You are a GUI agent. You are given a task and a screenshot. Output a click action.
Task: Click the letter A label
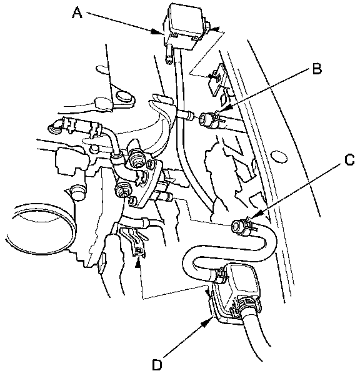[x=77, y=12]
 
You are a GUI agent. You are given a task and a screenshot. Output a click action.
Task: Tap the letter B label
[x=316, y=68]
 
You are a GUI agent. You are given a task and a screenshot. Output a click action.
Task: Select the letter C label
[x=349, y=159]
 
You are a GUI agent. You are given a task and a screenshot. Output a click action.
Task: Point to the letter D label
[x=157, y=365]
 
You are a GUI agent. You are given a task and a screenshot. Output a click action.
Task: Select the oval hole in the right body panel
[x=279, y=157]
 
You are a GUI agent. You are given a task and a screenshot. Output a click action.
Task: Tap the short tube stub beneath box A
[x=169, y=55]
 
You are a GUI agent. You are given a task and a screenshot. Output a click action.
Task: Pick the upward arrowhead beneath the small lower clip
[x=137, y=264]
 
